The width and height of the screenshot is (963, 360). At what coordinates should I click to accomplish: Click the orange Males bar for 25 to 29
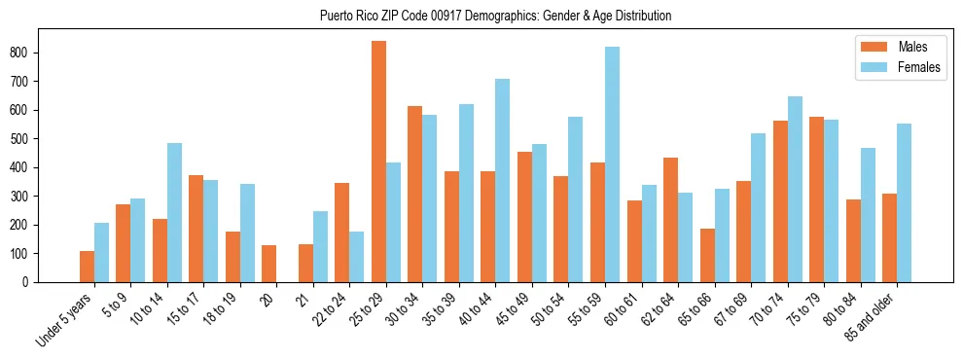click(x=378, y=162)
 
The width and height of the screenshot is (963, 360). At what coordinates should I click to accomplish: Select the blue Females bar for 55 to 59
click(x=612, y=164)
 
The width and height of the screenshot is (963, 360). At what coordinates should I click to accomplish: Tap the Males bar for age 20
click(x=269, y=264)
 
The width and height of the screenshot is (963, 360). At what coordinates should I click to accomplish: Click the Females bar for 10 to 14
click(x=174, y=213)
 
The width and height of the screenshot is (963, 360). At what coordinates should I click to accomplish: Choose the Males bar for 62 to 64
click(x=671, y=220)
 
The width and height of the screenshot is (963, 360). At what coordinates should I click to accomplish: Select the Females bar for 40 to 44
click(x=503, y=180)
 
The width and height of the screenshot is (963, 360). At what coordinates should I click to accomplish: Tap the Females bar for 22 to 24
click(x=357, y=257)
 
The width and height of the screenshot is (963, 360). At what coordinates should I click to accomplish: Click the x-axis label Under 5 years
click(x=66, y=319)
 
